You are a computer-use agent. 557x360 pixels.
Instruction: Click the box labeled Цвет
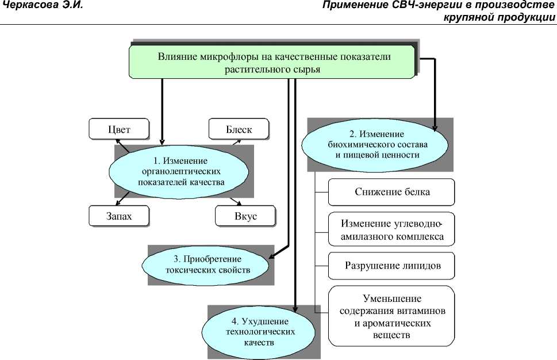click(119, 129)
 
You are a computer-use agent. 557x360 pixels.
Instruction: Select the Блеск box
click(239, 129)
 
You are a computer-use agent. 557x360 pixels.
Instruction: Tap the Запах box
click(119, 216)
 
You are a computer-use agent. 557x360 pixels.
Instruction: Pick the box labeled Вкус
click(245, 216)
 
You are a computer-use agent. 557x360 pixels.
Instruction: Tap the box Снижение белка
click(391, 192)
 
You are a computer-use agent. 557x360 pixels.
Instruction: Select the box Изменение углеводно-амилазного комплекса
click(391, 229)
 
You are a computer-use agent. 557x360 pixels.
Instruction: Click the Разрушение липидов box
click(391, 266)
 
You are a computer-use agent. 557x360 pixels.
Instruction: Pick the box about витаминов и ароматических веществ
click(391, 316)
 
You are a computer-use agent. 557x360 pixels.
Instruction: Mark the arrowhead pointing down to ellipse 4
click(295, 311)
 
